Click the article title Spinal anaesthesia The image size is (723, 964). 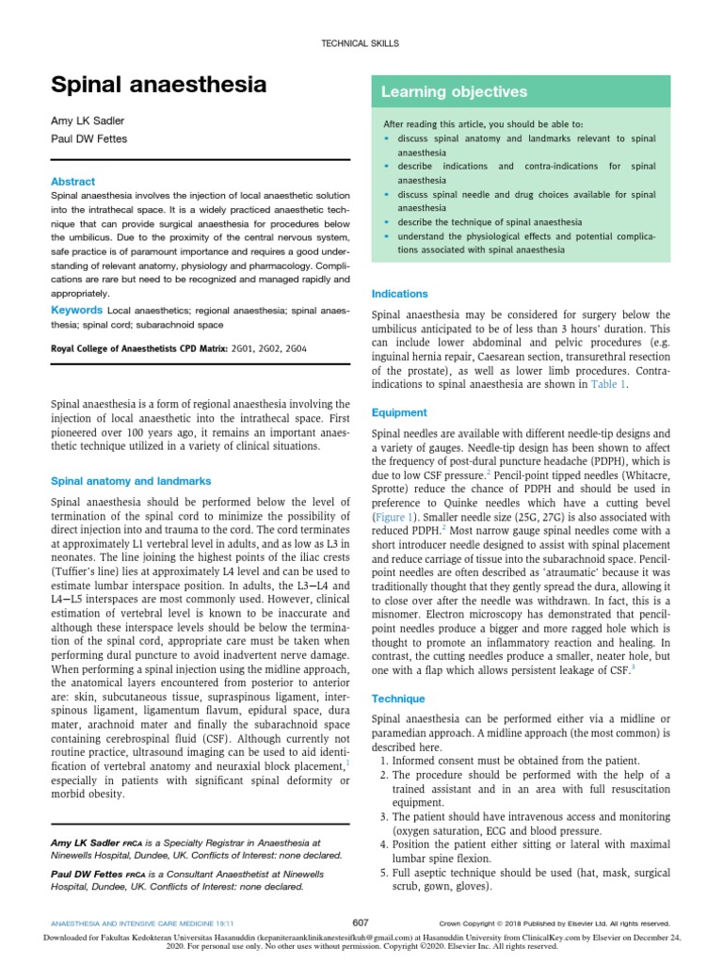tap(158, 86)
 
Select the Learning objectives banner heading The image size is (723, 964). tap(454, 91)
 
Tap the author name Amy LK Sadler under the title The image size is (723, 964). tap(88, 121)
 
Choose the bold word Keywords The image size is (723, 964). tap(76, 309)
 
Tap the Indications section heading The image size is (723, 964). tap(400, 294)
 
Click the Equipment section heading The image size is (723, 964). tap(399, 412)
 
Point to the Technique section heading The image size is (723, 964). tap(399, 699)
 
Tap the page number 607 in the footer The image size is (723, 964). tap(361, 923)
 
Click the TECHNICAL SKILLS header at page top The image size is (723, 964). tap(361, 43)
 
